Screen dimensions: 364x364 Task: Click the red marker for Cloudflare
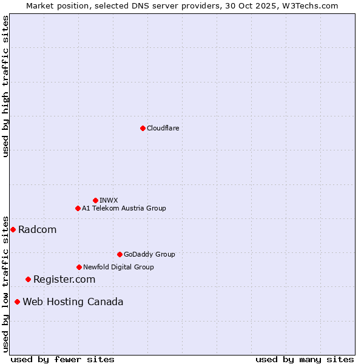[143, 128]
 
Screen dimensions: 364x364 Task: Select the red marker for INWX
[95, 200]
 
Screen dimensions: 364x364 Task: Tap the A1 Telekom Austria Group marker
[78, 208]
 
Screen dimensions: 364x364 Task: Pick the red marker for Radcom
[13, 229]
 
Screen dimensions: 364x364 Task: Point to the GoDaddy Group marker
[120, 254]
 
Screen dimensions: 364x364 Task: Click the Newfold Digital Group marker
[79, 267]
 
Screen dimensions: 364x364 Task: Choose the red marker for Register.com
[28, 279]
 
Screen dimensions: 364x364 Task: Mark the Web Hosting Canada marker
[17, 302]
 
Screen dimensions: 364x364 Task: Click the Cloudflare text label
[163, 128]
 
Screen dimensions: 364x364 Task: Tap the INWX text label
[109, 200]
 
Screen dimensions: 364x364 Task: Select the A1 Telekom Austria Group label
[124, 208]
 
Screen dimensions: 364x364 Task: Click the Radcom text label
[37, 229]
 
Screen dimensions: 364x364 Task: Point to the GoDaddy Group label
[149, 254]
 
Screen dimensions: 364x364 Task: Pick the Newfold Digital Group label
[118, 267]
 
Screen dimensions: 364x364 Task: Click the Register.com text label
[64, 279]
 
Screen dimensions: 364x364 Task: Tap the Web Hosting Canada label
[73, 302]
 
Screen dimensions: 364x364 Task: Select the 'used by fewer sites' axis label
[62, 359]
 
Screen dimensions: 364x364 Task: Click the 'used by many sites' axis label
[305, 359]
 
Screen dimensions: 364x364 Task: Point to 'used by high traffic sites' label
[5, 86]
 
